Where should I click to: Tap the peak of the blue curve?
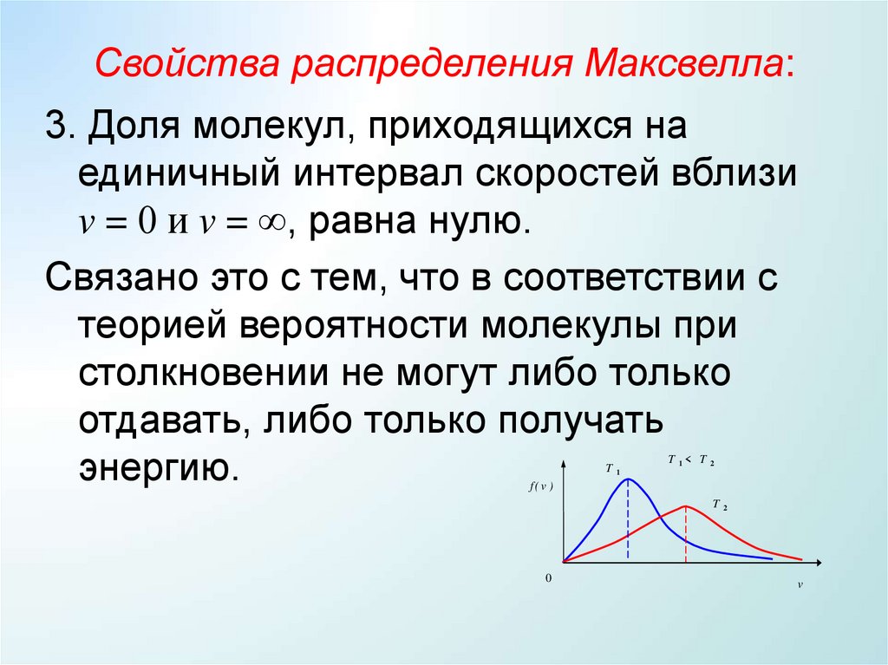pos(628,479)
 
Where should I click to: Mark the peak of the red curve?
pos(686,506)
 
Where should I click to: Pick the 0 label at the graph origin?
pos(548,577)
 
